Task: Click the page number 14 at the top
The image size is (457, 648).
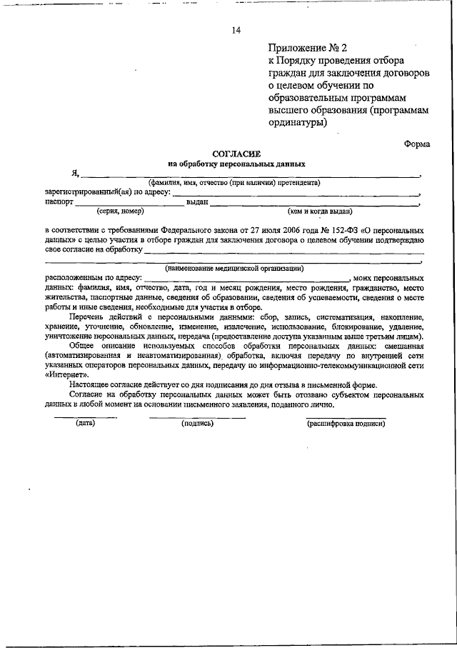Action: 236,30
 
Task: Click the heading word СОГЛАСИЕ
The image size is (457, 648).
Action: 237,154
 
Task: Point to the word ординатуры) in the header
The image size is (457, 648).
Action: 298,121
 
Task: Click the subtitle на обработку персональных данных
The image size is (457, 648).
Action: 236,164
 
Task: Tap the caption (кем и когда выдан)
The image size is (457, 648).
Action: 319,211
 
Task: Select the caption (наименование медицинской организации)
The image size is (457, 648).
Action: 234,268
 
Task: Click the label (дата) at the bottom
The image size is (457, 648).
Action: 85,423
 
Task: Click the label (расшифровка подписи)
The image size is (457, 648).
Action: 346,423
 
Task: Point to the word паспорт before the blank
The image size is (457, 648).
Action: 59,202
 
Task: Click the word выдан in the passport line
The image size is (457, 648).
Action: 197,202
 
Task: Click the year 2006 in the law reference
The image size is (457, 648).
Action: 281,231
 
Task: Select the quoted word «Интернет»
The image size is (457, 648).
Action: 67,374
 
